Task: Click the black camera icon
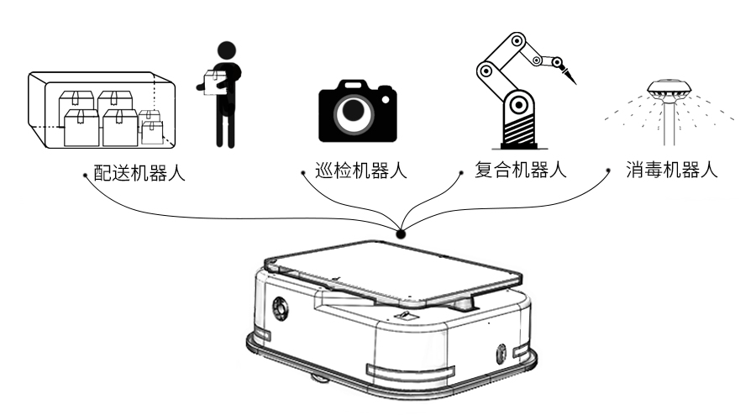click(x=356, y=109)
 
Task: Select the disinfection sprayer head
click(x=669, y=88)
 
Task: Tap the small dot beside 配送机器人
click(x=86, y=176)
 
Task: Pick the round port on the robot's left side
click(x=278, y=308)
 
